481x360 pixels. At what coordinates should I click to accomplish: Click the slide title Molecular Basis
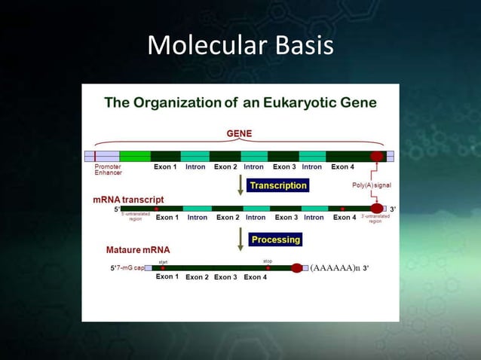tap(240, 46)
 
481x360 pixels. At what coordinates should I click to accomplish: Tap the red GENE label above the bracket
tap(240, 133)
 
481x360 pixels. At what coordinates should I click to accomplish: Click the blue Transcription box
tap(278, 185)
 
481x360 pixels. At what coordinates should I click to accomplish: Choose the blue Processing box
tap(276, 239)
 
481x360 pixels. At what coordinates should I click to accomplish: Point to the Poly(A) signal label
tap(372, 185)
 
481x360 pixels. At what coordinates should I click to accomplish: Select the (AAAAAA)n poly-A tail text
tap(335, 267)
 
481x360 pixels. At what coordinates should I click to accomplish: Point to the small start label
tap(162, 261)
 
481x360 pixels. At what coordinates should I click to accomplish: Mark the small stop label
tap(268, 261)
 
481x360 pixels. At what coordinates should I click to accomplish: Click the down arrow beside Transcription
tap(240, 185)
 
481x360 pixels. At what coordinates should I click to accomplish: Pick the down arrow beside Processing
tap(240, 239)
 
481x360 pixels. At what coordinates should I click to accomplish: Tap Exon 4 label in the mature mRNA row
tap(255, 277)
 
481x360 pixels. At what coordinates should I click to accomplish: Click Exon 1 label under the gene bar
tap(166, 167)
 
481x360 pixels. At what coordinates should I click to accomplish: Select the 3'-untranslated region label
tap(375, 218)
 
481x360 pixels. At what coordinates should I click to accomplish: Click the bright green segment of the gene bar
tap(135, 156)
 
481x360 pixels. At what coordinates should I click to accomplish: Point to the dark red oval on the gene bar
tap(377, 156)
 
